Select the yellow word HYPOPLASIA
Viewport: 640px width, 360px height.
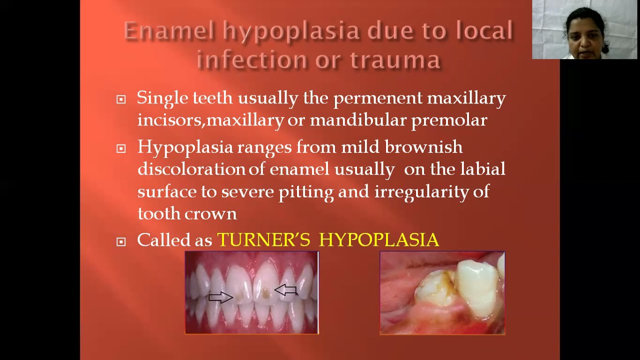click(378, 240)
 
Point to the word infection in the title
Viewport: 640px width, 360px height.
click(251, 59)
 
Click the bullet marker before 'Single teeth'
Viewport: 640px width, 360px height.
click(121, 99)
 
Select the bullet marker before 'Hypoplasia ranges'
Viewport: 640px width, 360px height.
click(121, 148)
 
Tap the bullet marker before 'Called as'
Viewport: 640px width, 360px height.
click(121, 242)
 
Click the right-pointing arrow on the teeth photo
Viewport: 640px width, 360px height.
click(220, 297)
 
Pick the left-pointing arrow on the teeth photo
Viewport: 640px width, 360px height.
click(285, 289)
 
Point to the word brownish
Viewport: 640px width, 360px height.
click(423, 147)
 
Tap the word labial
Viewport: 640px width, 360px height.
click(482, 169)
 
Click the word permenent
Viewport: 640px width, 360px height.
click(377, 98)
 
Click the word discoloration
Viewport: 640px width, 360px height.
click(192, 169)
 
